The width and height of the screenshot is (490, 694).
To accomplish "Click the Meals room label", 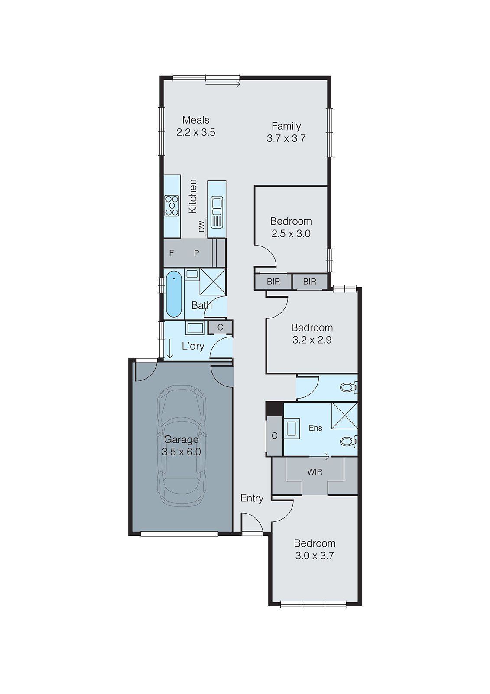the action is [x=196, y=120].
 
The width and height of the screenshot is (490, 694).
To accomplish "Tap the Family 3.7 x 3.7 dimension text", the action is [x=286, y=138].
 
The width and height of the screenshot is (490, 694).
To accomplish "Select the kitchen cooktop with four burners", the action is [x=172, y=206].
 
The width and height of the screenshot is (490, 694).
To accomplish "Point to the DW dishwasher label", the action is [x=202, y=226].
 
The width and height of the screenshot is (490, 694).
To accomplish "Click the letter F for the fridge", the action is [x=171, y=253].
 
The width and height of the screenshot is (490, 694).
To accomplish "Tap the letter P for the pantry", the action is [x=197, y=253].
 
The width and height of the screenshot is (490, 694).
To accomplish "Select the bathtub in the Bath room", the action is [x=174, y=294].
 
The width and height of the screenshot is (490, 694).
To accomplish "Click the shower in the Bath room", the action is [x=212, y=282].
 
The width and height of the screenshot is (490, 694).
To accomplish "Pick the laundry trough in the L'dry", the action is [x=195, y=328].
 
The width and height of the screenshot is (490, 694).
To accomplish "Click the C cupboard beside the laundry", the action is [x=220, y=327].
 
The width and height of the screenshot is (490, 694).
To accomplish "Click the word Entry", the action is [x=252, y=498].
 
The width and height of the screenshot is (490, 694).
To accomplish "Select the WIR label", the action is [x=315, y=472].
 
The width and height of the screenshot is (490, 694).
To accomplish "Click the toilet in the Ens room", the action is [x=348, y=441].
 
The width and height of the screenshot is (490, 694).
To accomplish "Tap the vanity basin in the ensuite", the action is [x=292, y=429].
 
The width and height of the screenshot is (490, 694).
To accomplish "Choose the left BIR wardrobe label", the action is [x=273, y=282].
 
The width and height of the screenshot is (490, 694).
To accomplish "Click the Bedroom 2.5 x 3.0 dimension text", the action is [x=291, y=234].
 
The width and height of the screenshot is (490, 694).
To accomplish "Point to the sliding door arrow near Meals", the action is [x=223, y=84].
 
